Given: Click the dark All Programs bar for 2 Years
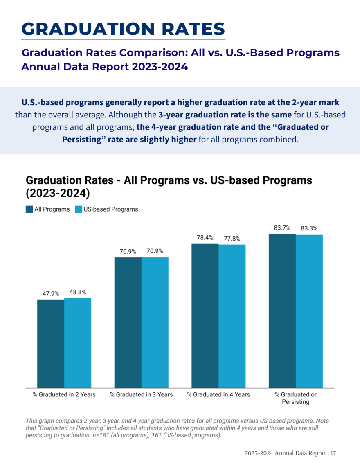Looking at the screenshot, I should tap(51, 344).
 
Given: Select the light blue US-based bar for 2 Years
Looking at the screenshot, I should tap(78, 343).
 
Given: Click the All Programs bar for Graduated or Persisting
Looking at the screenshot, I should tap(282, 311).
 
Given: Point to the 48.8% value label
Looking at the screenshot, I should tap(78, 293).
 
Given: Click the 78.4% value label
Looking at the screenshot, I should tap(205, 237).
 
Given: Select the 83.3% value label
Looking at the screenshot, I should tap(309, 228).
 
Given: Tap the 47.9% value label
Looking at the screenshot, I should tap(51, 294).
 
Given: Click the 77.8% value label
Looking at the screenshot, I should tap(232, 239).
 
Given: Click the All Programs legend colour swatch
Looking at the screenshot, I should tap(29, 209).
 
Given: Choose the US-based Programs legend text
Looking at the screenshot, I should tap(111, 209).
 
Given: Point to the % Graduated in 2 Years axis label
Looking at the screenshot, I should tap(64, 394).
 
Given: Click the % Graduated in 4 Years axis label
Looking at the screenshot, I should tap(218, 394).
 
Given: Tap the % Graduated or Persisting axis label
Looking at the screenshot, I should tap(295, 398).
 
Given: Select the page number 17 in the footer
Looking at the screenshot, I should tap(333, 453).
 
